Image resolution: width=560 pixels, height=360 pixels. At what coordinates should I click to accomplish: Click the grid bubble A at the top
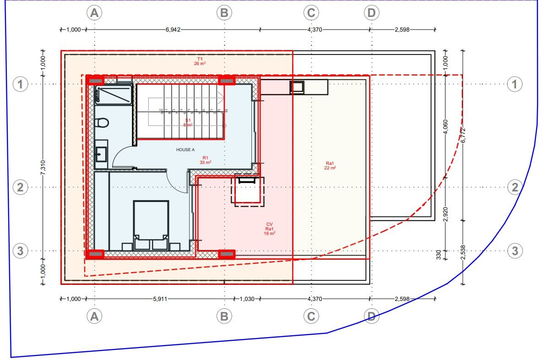95,13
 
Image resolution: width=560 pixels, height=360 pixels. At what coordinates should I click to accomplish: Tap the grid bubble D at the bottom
371,316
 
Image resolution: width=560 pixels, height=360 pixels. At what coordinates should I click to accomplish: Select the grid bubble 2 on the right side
515,187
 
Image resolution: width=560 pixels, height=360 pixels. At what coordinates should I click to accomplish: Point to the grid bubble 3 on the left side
20,251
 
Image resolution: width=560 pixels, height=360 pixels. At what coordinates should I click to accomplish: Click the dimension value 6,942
173,29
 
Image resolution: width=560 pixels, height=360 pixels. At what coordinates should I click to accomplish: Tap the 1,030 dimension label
247,299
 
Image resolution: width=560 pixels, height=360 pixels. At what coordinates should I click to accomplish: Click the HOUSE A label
185,150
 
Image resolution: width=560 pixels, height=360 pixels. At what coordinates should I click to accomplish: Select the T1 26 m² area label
200,61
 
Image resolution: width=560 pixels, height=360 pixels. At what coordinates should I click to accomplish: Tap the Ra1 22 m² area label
331,165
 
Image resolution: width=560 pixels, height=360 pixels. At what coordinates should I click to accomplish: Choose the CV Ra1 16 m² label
269,229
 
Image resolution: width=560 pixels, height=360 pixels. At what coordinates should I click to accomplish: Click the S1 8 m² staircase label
188,122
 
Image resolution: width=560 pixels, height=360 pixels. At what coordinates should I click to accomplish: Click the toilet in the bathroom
103,123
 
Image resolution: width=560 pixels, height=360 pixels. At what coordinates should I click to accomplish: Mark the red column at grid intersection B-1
226,81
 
